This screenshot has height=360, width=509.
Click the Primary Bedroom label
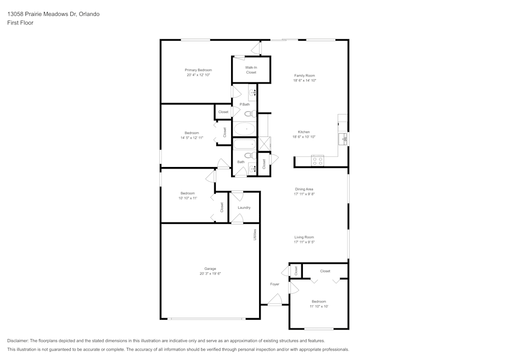(199, 70)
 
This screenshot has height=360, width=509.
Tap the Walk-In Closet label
(251, 70)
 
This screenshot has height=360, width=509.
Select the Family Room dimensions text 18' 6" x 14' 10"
(304, 80)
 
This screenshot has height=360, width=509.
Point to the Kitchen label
(304, 132)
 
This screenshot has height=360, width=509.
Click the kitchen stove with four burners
(318, 161)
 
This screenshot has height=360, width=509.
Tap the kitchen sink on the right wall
(343, 139)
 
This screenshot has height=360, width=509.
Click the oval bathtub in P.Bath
(245, 129)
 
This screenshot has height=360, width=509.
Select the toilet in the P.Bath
(250, 114)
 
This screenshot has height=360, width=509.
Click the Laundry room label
(244, 208)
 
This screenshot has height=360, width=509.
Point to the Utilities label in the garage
(255, 235)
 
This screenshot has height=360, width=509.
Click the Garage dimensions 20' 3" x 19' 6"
(210, 273)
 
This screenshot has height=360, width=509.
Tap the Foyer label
(275, 284)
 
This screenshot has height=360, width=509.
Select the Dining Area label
(304, 189)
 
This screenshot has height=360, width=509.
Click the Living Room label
(304, 237)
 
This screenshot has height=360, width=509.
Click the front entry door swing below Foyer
(275, 299)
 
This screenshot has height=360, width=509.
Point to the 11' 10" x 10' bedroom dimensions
(319, 307)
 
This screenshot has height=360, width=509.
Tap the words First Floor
(20, 23)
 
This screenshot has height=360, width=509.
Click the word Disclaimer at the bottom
(17, 341)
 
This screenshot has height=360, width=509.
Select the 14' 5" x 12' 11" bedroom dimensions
(192, 137)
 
